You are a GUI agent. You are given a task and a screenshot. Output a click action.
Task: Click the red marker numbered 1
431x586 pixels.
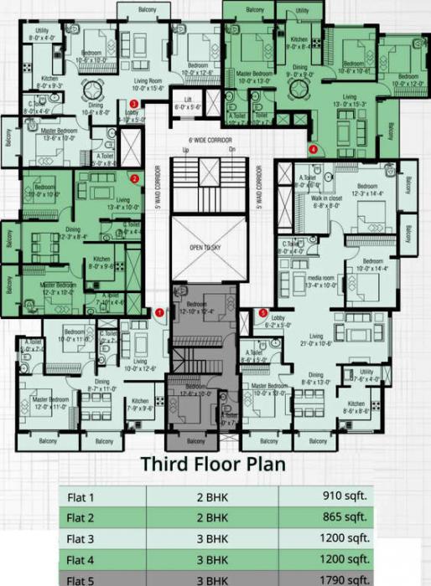[159, 313]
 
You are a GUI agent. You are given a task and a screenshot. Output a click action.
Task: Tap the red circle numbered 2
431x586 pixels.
[133, 178]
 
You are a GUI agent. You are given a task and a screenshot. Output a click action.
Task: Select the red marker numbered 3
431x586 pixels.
[145, 104]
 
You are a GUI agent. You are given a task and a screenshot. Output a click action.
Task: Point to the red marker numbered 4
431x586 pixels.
[313, 150]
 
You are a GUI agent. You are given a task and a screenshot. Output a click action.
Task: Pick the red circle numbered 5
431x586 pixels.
[262, 313]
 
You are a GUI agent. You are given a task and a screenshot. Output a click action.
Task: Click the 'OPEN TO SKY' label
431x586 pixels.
[205, 249]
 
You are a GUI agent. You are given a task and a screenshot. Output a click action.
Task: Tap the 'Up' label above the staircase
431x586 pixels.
[185, 150]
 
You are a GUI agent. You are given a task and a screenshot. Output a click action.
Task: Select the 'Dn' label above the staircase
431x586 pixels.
[232, 150]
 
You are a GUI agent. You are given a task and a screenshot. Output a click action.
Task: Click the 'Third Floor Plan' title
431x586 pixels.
[213, 463]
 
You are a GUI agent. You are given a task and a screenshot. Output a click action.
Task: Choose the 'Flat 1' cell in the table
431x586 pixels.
[81, 496]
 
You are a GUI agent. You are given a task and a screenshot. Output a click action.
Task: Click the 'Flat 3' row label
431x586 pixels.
[82, 537]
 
